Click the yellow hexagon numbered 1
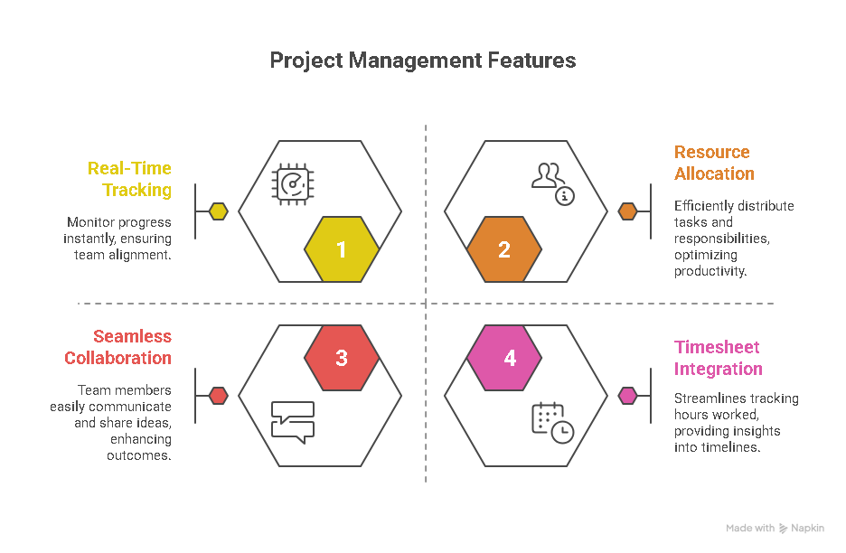pos(342,249)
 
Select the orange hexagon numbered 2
pos(504,249)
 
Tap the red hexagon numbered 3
pos(342,358)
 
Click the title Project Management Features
pos(423,61)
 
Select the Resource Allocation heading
pos(714,163)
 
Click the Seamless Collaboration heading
pos(118,347)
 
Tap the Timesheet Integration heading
pos(718,358)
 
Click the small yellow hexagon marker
pos(218,211)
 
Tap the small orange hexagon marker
pos(627,211)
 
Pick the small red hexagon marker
pos(218,395)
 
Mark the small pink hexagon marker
pos(627,395)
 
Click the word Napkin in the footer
pos(808,528)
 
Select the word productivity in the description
pos(710,271)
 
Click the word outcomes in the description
pos(138,455)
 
